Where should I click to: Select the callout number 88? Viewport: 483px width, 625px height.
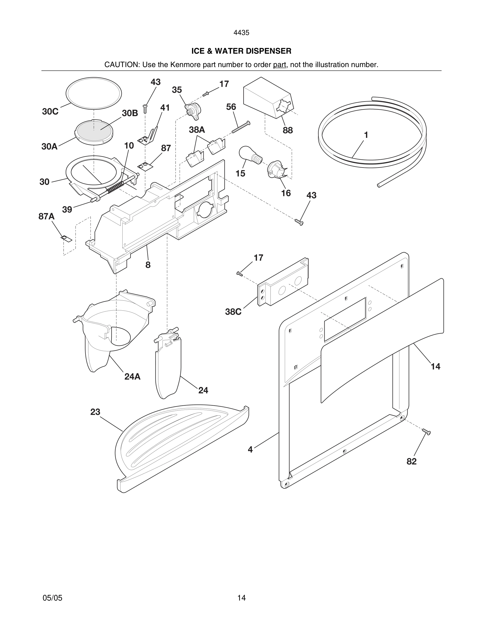coord(288,130)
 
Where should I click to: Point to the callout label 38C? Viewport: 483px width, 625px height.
coord(233,312)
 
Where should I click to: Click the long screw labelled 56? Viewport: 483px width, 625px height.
coord(241,127)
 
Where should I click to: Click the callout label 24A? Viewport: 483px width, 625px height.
coord(132,377)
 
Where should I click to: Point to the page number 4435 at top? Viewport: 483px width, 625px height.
coord(241,33)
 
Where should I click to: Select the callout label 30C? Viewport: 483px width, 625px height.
coord(50,112)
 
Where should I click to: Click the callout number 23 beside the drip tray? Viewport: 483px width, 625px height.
coord(95,412)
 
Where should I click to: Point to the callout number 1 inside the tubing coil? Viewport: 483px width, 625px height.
coord(366,135)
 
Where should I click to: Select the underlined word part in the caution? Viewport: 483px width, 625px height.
coord(279,65)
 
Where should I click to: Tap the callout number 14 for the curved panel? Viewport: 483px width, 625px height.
coord(435,366)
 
